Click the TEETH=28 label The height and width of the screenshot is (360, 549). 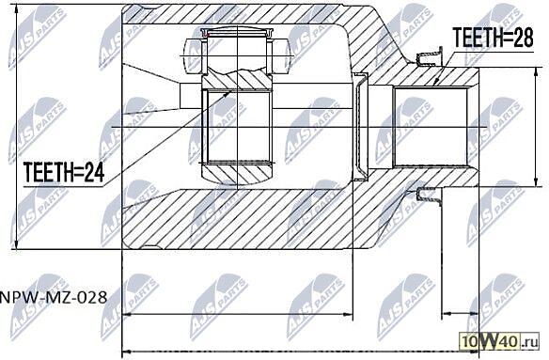[493, 38]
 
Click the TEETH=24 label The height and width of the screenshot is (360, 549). [64, 172]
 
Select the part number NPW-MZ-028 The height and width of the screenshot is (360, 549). [54, 298]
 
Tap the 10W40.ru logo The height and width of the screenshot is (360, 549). [499, 340]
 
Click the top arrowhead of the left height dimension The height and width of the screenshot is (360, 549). [16, 8]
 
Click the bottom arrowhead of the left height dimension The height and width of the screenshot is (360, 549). [16, 244]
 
